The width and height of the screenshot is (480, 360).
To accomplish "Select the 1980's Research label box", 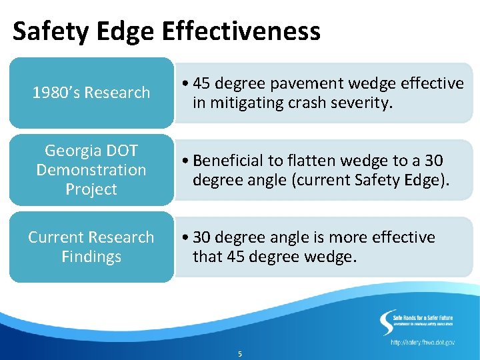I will tap(91, 93).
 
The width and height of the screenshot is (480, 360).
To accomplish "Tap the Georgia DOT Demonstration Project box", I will tap(91, 170).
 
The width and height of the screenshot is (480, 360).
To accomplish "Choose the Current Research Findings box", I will tap(91, 247).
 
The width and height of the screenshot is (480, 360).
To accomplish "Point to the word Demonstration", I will tap(91, 170).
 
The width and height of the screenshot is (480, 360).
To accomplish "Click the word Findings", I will tap(91, 257).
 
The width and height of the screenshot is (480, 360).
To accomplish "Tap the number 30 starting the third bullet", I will tap(203, 237).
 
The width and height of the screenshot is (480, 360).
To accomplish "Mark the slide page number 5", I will tap(240, 354).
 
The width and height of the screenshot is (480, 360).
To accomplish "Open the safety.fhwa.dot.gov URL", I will tap(423, 342).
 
